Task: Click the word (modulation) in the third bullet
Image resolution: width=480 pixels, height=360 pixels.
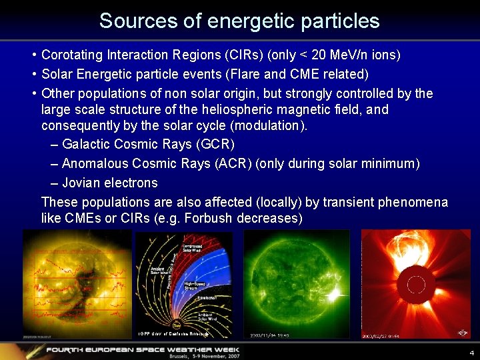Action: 271,126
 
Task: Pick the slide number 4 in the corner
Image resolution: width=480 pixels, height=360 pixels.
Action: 471,353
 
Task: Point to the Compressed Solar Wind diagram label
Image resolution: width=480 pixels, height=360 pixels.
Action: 193,249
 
